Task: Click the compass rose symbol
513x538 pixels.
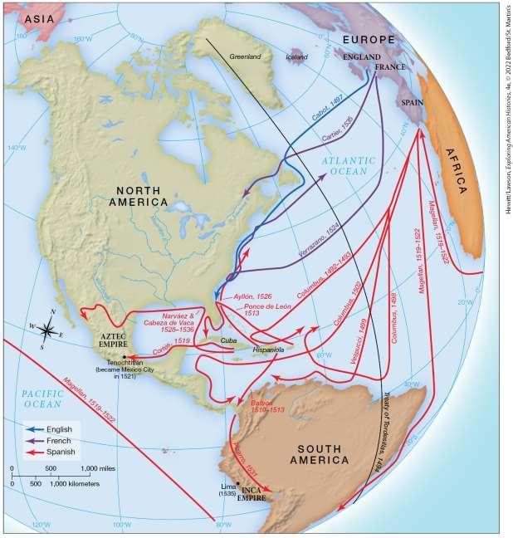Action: tap(48, 330)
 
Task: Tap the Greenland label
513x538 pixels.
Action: tap(245, 56)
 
